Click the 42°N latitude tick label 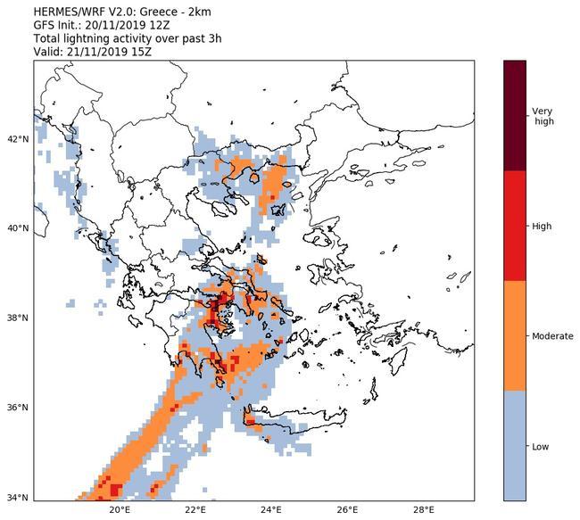point(18,138)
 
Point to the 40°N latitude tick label point(18,228)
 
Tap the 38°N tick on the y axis point(18,318)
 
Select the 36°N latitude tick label point(18,408)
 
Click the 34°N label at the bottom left point(18,498)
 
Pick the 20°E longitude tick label point(120,511)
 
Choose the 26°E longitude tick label point(348,511)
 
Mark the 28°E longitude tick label point(424,511)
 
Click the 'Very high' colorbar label point(543,116)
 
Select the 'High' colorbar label point(542,227)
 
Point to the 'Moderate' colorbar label point(552,336)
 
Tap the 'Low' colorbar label point(541,446)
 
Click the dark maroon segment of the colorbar point(515,116)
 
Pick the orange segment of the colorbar point(515,336)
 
